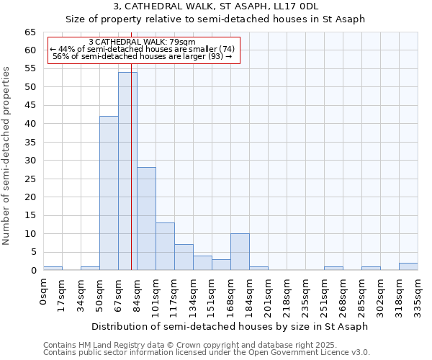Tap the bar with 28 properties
(146, 219)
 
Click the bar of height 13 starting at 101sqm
(165, 246)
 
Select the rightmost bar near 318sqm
(408, 266)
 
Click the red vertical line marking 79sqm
(132, 180)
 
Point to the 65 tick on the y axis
(30, 32)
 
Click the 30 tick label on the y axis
(30, 161)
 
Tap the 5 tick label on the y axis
(33, 252)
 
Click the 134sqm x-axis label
(193, 294)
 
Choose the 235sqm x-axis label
(305, 294)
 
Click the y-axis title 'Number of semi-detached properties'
(7, 156)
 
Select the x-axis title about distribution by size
(230, 326)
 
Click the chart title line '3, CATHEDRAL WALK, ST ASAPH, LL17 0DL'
(215, 6)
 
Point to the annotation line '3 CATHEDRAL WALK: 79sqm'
(143, 42)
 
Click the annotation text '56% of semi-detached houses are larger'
(143, 56)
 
